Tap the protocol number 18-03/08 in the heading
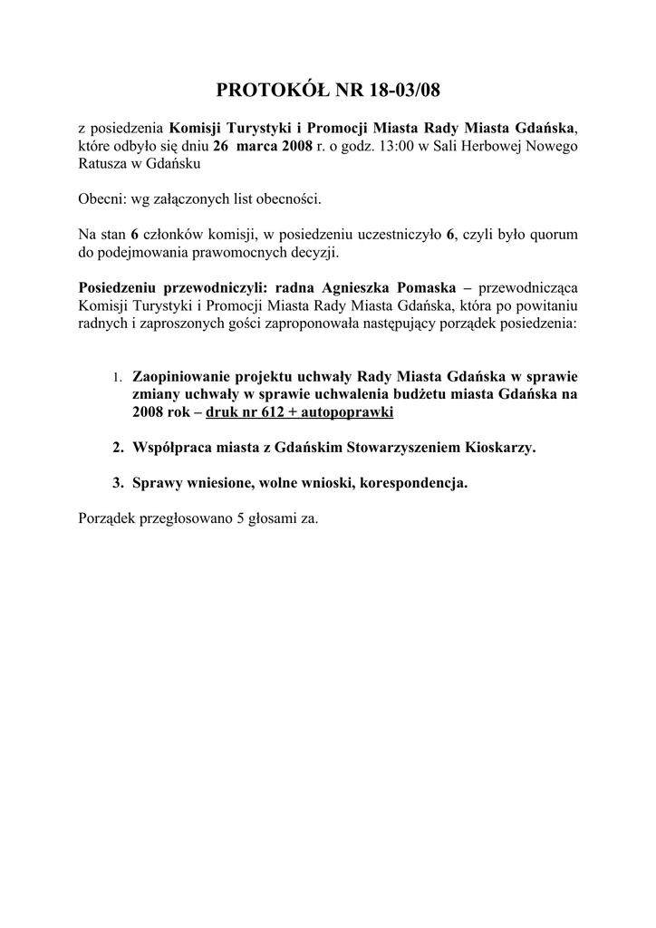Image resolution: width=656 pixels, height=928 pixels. pos(396,91)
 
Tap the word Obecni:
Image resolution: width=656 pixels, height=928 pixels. pos(102,199)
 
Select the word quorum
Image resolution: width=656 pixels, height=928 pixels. pos(551,235)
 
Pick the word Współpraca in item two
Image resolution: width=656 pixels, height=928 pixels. pos(169,448)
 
